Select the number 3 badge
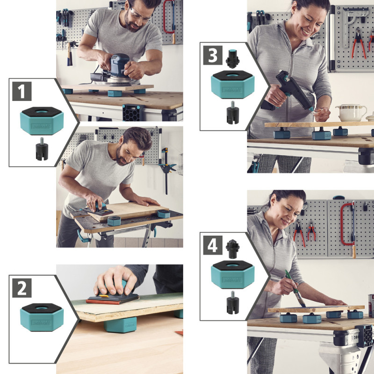coord(213,55)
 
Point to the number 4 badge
coord(213,245)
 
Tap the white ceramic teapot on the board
coord(351,112)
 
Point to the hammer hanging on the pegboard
coord(70,51)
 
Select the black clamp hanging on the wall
coord(166,168)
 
